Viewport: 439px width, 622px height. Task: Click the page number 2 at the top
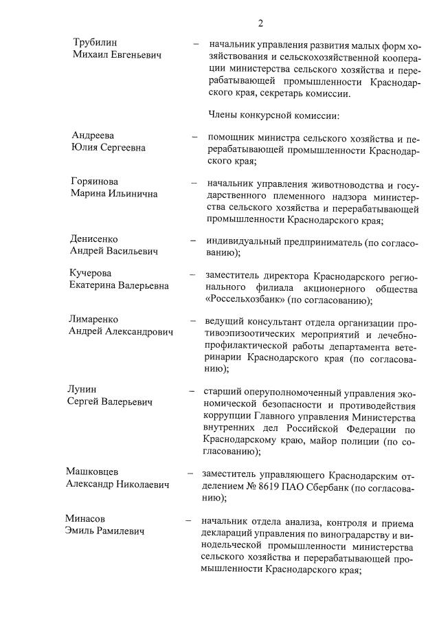(x=260, y=23)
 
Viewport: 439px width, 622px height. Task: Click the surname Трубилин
(x=95, y=43)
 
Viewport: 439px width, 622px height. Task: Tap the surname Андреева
(x=93, y=135)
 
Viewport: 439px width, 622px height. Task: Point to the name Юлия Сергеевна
(x=108, y=147)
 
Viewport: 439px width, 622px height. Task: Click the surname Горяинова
(x=94, y=181)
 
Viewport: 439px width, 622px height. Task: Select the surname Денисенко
(x=95, y=239)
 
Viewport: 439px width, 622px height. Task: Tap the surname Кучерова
(x=92, y=274)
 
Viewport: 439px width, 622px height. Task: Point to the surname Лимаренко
(x=93, y=320)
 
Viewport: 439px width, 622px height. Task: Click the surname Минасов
(x=86, y=518)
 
